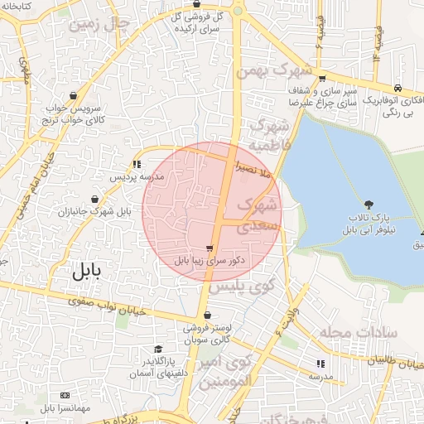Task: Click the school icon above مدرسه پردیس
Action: [x=137, y=164]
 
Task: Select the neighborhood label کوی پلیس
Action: [x=243, y=287]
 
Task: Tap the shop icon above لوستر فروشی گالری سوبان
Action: [x=207, y=316]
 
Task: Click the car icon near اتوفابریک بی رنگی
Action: [x=399, y=89]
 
